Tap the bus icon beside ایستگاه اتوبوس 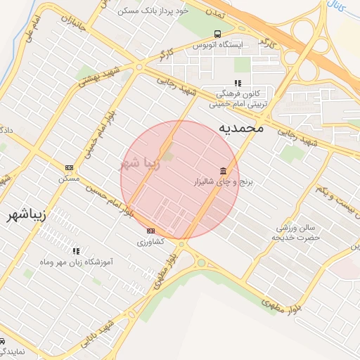click(x=217, y=34)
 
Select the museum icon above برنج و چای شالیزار click(x=224, y=171)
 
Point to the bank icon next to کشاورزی click(x=150, y=231)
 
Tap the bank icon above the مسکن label click(x=69, y=167)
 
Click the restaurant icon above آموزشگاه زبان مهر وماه click(x=76, y=250)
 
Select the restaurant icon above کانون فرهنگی click(x=238, y=84)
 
